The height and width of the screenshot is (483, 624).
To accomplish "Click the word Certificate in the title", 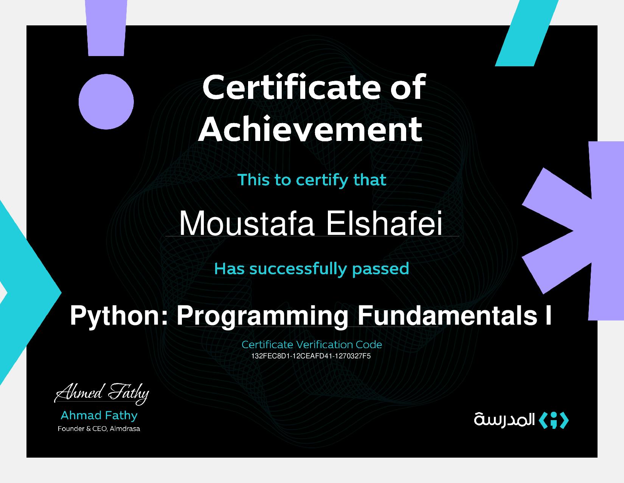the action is (x=292, y=87).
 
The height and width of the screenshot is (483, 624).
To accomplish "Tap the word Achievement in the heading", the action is (x=310, y=129).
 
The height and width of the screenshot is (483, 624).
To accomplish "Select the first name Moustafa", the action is (x=246, y=224).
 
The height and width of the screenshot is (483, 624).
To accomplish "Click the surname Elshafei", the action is (x=384, y=224).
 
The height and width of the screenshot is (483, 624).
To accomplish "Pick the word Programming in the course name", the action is (x=262, y=316).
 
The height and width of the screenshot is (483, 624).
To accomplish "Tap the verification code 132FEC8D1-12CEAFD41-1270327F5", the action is (x=311, y=356).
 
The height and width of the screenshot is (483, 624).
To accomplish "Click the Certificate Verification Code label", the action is (x=312, y=344).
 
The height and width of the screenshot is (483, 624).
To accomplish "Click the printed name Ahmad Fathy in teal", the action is (x=99, y=415).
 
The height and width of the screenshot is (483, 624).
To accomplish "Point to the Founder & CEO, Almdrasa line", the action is (x=99, y=428).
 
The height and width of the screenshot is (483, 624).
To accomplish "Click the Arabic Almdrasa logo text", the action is (x=504, y=420).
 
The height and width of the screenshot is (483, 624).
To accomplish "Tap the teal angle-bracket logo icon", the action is (x=553, y=420).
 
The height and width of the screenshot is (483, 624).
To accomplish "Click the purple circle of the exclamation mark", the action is (x=106, y=102).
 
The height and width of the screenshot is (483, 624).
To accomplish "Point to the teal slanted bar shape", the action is (x=527, y=33).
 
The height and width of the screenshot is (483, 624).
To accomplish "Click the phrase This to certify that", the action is (x=312, y=180).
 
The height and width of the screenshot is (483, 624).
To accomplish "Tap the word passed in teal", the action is (x=380, y=269).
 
